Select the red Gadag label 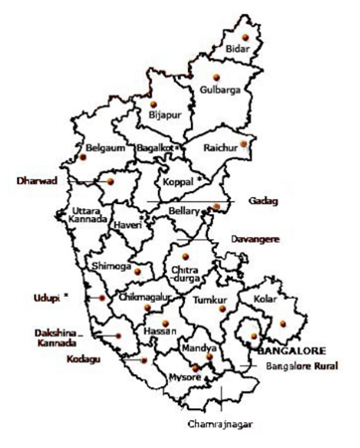(263, 201)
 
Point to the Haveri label (129, 227)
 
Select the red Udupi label (42, 296)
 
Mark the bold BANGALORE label (289, 351)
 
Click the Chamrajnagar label (220, 424)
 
